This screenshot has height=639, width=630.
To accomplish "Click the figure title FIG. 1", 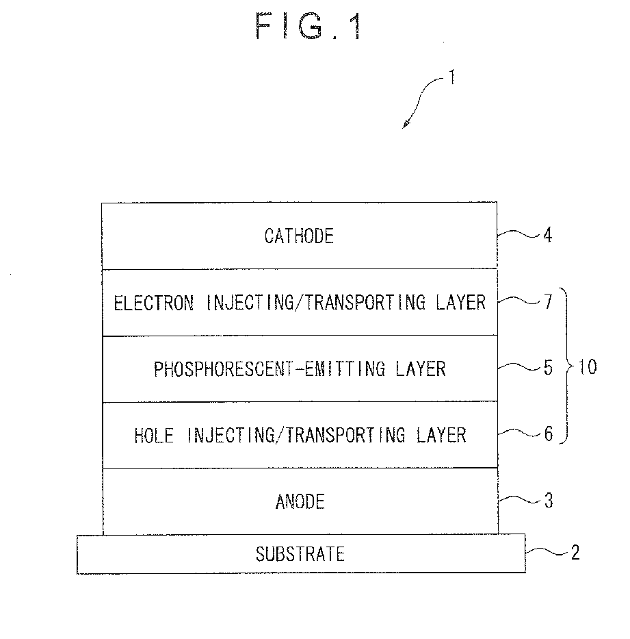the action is [309, 25].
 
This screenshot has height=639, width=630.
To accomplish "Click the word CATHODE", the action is [299, 236].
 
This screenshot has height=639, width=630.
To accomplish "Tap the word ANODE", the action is [300, 501].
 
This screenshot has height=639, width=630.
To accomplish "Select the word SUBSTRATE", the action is [300, 554].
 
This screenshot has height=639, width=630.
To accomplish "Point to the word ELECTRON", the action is [154, 303].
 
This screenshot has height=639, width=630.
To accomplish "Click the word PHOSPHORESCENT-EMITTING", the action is [270, 368].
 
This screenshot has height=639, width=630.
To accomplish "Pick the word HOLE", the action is [154, 435].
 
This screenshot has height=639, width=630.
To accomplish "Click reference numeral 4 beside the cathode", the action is [548, 235].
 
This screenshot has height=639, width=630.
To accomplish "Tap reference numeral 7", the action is [549, 301].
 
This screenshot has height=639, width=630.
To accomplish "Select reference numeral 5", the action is [548, 368].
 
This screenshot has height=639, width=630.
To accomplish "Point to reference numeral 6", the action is [549, 434].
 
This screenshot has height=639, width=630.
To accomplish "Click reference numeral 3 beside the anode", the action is [549, 501].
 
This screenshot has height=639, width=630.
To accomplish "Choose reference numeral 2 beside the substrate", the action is [575, 553].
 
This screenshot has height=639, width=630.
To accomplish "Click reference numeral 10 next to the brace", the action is [588, 367].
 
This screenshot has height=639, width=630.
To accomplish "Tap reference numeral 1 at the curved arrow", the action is [451, 77].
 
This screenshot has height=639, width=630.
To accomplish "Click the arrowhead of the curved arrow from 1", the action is [405, 125].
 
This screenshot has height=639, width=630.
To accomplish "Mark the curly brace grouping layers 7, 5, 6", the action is [567, 366].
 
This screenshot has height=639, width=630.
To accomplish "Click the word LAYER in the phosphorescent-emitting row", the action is [421, 368].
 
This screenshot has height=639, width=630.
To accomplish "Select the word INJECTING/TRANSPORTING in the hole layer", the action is [296, 435].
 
